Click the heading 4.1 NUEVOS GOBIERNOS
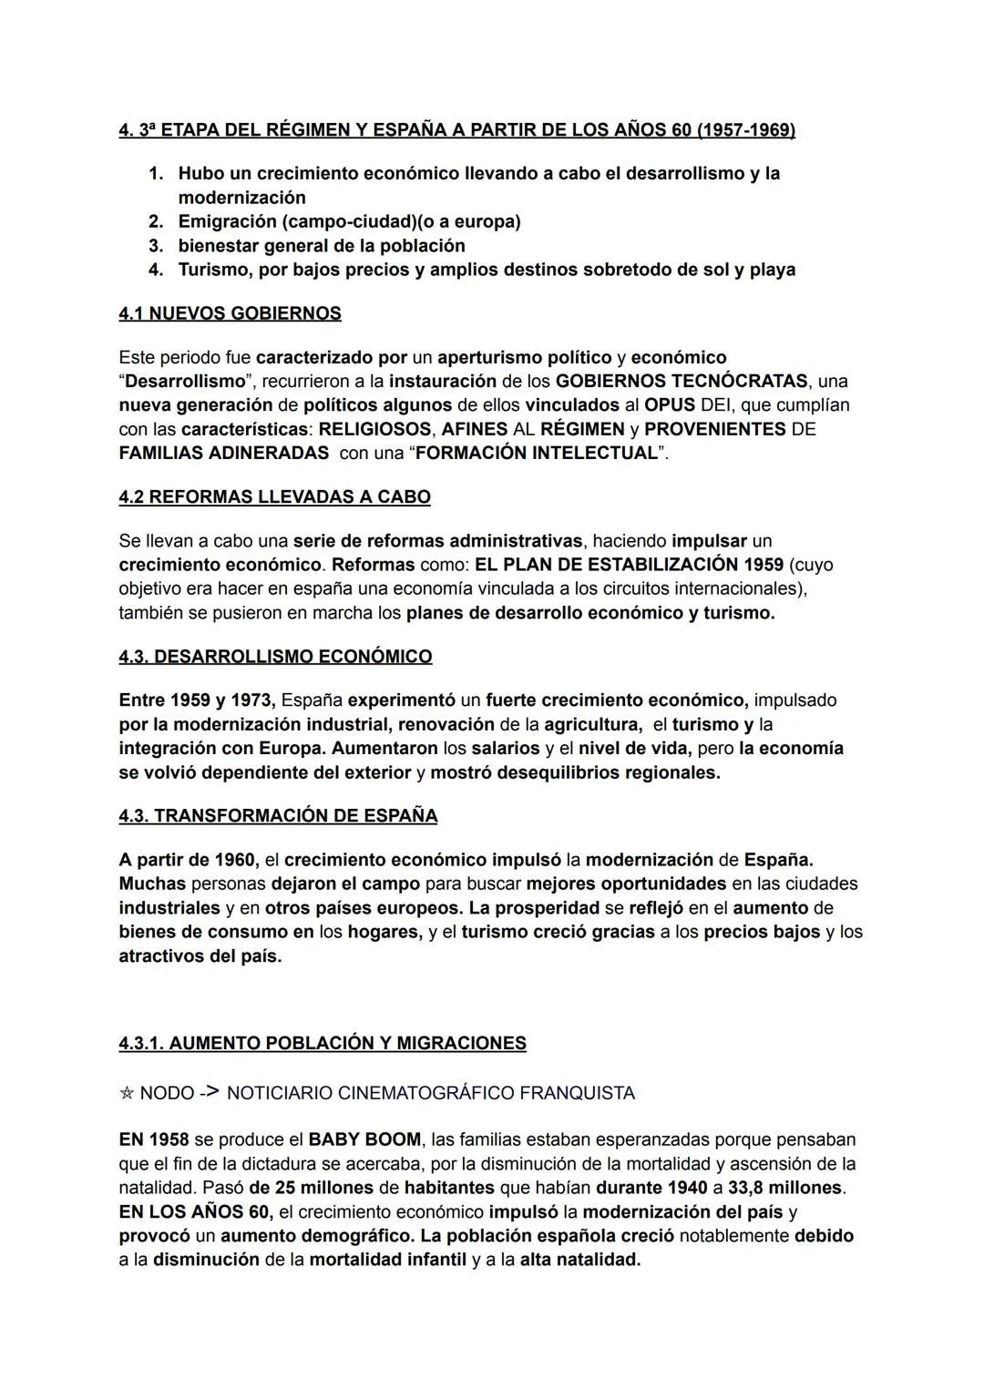230,313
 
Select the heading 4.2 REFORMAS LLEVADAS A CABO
274,497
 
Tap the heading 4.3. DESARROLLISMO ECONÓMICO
275,657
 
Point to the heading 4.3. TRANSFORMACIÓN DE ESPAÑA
278,816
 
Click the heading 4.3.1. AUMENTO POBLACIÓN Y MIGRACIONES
323,1044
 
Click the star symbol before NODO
127,1093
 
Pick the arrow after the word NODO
209,1092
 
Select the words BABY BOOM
364,1139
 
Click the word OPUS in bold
670,404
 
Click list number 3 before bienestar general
155,246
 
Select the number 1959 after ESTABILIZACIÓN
763,565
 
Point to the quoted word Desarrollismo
185,381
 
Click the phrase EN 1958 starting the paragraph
153,1139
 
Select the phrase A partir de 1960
188,860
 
